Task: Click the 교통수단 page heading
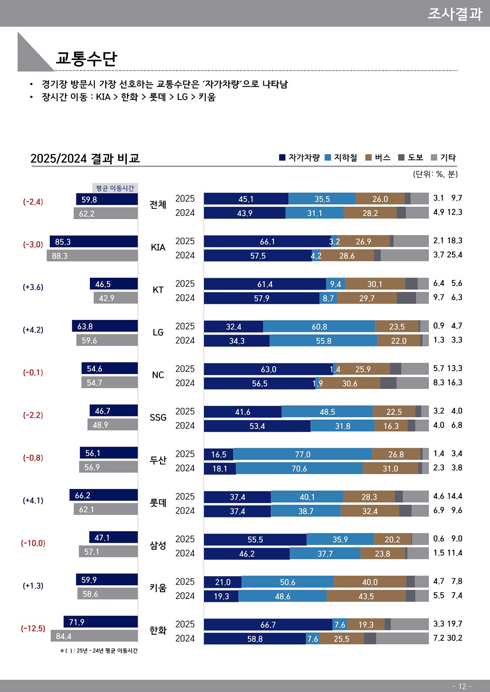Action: (86, 58)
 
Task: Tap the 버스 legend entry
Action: (378, 157)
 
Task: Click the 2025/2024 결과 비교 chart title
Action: (85, 158)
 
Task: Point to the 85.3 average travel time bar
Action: (94, 241)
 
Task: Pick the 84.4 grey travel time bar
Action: (94, 636)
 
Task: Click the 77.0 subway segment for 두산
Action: (303, 454)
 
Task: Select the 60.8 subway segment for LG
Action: (319, 327)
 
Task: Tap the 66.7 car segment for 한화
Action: (268, 625)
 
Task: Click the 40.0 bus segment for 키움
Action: (370, 582)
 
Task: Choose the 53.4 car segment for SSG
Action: (257, 426)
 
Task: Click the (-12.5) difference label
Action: (33, 628)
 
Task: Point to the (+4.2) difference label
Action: (33, 330)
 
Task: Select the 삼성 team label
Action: (158, 545)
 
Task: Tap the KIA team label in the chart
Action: (158, 248)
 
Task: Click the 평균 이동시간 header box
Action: (115, 188)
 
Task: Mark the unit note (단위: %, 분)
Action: (435, 174)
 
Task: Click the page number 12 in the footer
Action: (462, 686)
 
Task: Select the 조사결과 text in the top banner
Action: (454, 13)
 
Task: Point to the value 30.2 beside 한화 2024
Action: (454, 638)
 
